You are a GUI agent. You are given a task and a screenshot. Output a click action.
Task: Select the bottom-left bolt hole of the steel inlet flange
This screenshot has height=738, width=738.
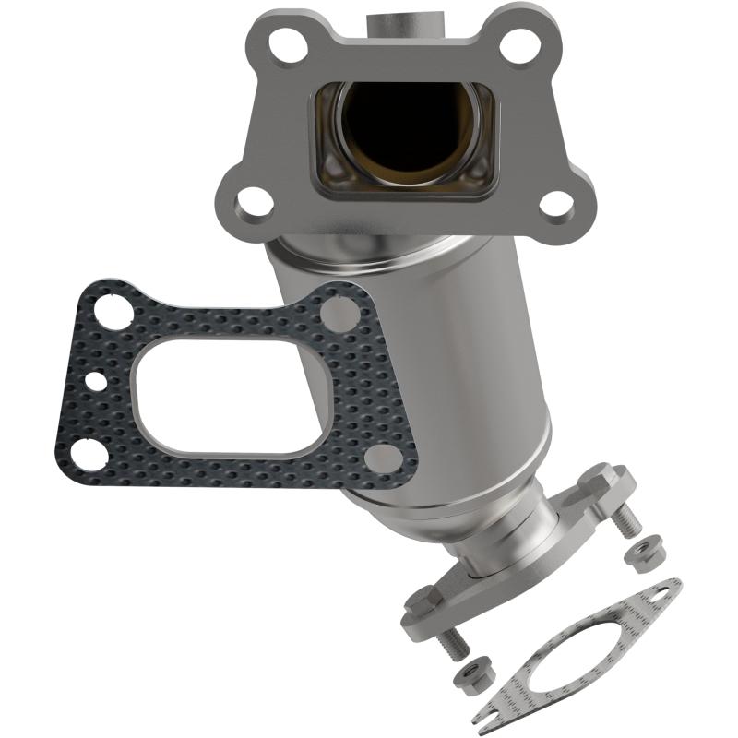pos(254,198)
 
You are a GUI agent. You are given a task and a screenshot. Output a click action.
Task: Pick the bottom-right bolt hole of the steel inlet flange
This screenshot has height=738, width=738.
pos(555,202)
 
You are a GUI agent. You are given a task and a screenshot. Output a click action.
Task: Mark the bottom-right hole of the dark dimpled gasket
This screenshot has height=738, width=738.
pos(380,457)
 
